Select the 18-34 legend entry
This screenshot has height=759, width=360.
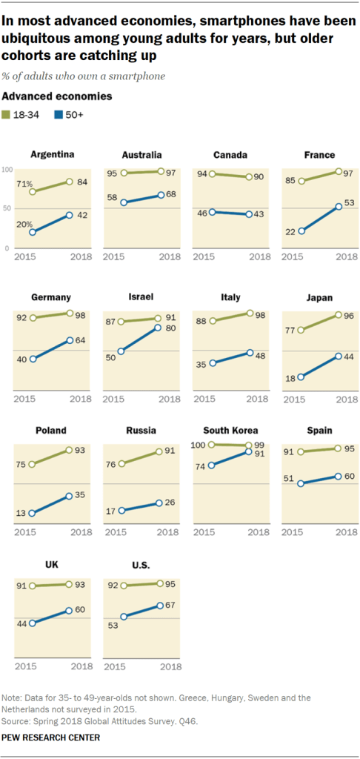[x=27, y=116]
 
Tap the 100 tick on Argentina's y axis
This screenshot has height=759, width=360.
[x=8, y=170]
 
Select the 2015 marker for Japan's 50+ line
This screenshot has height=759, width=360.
[x=301, y=377]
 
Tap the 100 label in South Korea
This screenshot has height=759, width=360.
[x=199, y=444]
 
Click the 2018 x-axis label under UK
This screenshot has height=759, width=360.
[x=80, y=666]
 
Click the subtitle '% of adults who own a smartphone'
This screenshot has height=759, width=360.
[x=83, y=76]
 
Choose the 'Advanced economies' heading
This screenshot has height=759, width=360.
[x=59, y=96]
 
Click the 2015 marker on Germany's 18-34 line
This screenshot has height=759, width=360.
[x=32, y=318]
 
